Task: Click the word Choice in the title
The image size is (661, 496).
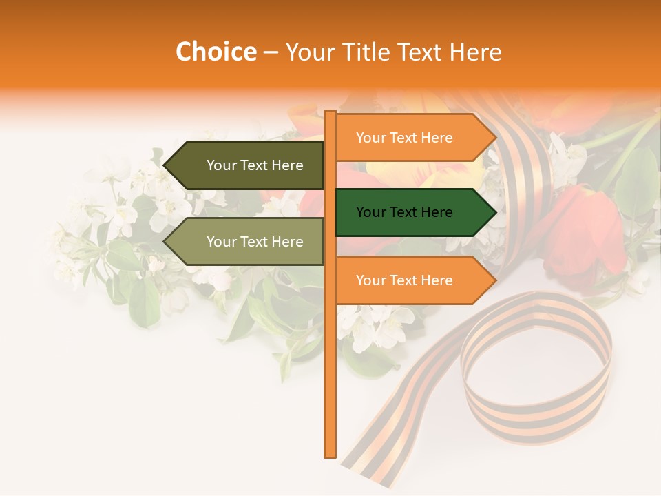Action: tap(216, 52)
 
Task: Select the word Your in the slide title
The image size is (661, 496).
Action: tap(309, 52)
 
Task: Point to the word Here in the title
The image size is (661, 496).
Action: tap(475, 52)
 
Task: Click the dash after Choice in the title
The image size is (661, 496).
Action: tap(271, 52)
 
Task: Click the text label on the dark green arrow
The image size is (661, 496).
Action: tap(404, 212)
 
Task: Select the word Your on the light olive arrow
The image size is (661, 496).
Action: tap(221, 242)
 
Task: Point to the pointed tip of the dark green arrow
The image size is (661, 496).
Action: tap(495, 212)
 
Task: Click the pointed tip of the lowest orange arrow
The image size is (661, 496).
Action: tap(495, 280)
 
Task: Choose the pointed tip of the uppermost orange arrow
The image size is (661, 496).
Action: tap(495, 138)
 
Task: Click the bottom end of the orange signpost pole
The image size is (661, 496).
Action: tap(330, 455)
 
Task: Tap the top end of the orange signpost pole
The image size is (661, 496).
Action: tap(330, 112)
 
